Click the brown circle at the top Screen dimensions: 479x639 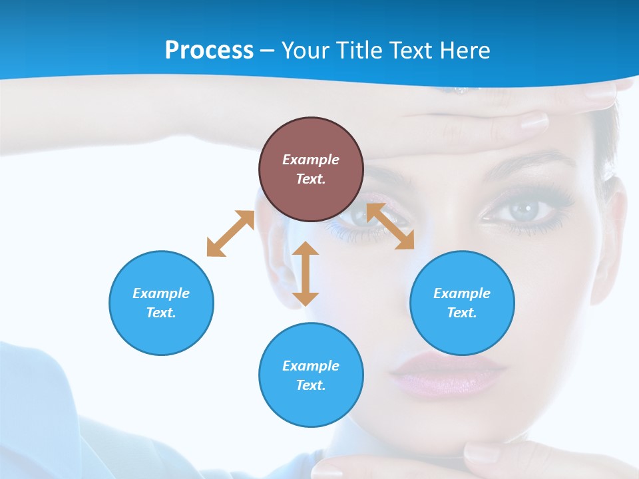tap(311, 169)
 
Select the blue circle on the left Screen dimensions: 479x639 tap(161, 303)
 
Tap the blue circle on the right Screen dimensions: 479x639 tap(462, 303)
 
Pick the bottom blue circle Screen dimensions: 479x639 tap(311, 375)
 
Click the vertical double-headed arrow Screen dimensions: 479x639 tap(306, 273)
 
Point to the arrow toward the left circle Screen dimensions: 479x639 tap(230, 234)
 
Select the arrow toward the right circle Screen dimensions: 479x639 tap(390, 226)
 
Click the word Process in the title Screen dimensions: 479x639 tap(209, 51)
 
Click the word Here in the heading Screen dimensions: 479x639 tap(465, 51)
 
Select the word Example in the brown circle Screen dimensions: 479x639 tap(311, 160)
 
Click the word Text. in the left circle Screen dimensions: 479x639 tap(161, 313)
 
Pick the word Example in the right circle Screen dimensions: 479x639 tap(462, 293)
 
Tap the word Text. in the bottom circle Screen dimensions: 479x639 tap(311, 385)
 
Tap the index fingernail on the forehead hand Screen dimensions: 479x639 tap(534, 121)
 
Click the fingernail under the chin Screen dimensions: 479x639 tap(481, 454)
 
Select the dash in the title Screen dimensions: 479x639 tap(267, 51)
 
